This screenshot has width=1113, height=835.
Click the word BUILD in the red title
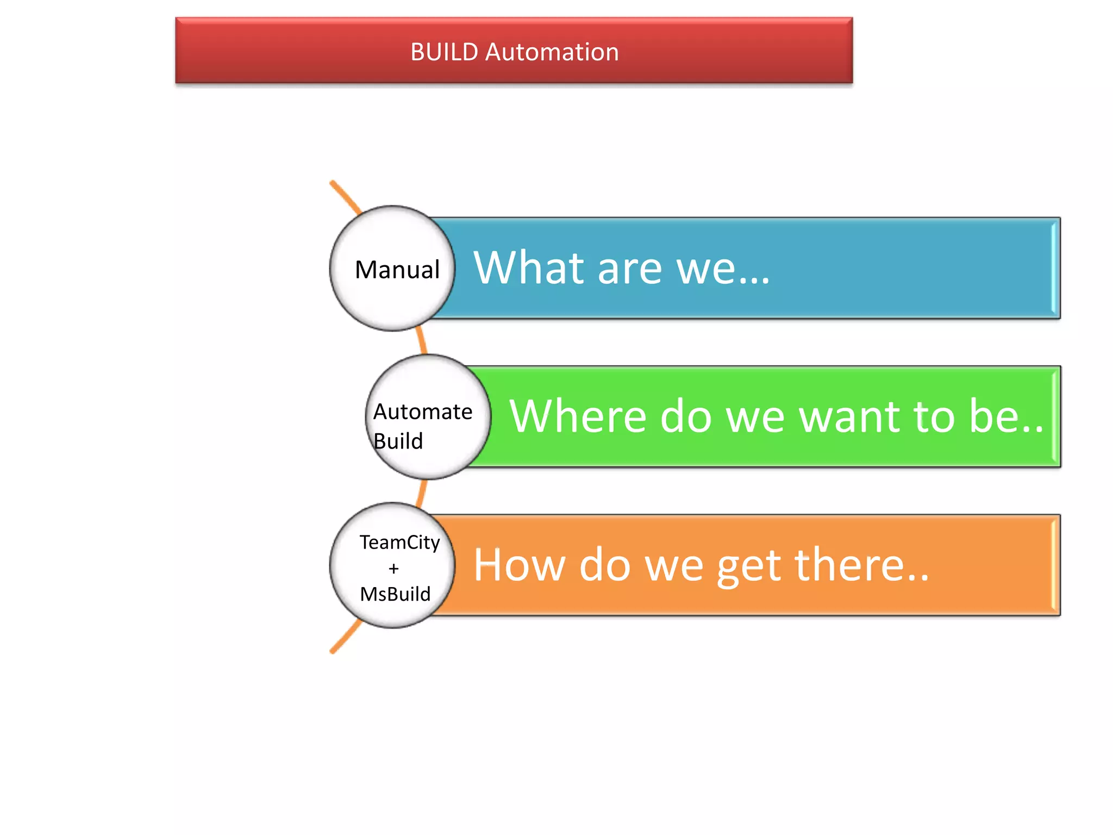[x=444, y=52]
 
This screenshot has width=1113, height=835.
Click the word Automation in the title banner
[x=552, y=52]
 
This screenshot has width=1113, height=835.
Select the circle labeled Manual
[x=392, y=268]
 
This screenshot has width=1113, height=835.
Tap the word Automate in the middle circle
[x=422, y=412]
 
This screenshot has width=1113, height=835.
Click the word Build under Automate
[x=398, y=441]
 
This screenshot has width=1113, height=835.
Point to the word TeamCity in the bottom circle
[x=399, y=542]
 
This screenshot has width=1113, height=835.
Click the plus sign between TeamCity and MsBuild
[x=393, y=569]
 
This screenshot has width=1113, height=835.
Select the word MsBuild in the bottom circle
[x=395, y=594]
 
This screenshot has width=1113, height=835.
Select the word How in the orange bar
[x=520, y=565]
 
